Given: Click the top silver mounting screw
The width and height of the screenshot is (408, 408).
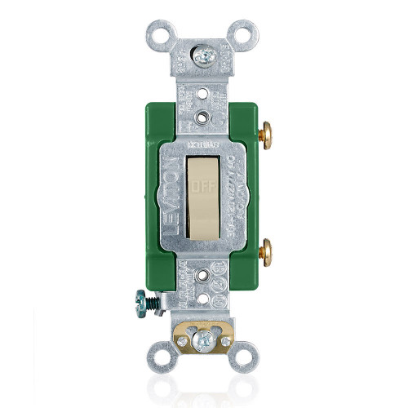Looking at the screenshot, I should (205, 56).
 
